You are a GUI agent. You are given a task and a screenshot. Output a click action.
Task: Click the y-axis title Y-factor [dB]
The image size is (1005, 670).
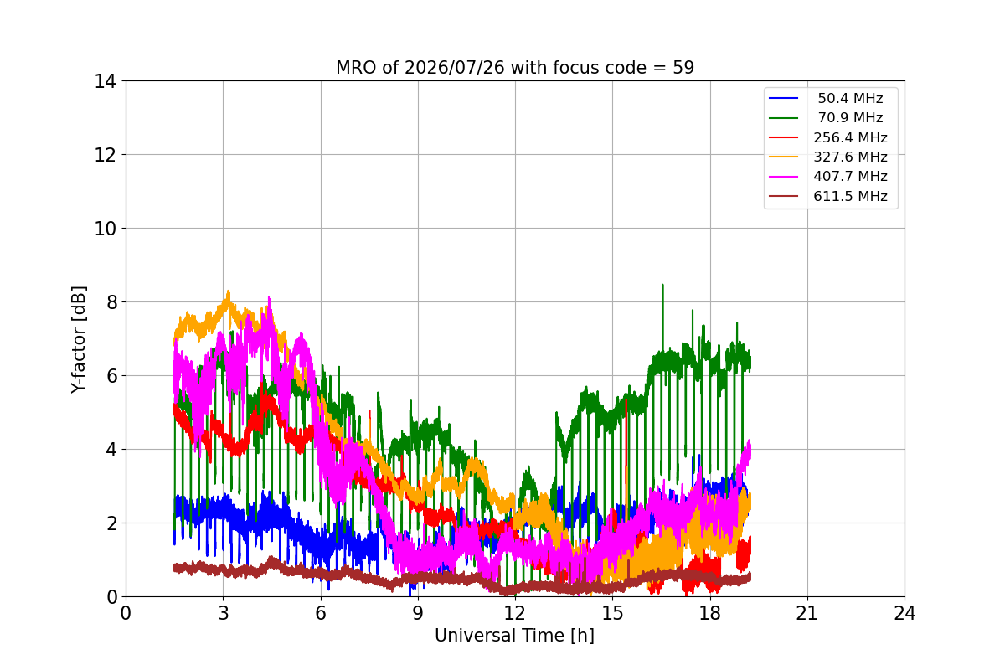(x=79, y=339)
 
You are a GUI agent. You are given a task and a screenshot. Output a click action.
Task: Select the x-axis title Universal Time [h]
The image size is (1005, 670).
(x=514, y=636)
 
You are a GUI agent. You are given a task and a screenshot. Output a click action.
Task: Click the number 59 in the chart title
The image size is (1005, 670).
(x=683, y=68)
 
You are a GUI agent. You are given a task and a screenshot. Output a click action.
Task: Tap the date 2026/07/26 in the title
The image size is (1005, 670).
(x=455, y=68)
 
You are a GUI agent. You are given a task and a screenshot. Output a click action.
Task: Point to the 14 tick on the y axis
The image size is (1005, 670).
(x=105, y=82)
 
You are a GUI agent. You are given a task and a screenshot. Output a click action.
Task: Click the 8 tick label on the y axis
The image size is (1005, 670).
(x=111, y=302)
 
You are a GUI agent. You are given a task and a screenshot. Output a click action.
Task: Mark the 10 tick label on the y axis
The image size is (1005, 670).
(x=105, y=229)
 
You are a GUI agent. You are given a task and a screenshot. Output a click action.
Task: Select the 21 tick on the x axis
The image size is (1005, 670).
(x=807, y=613)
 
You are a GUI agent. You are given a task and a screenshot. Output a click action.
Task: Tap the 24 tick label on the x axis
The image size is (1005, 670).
(x=904, y=613)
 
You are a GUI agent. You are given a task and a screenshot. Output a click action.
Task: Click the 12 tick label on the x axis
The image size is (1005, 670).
(x=515, y=613)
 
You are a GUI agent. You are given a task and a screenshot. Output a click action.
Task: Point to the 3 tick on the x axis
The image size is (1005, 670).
(x=224, y=613)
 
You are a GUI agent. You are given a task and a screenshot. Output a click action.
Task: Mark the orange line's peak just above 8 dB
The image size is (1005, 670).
(x=229, y=292)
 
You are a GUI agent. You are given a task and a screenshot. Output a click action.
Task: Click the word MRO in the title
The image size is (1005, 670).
(x=357, y=68)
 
